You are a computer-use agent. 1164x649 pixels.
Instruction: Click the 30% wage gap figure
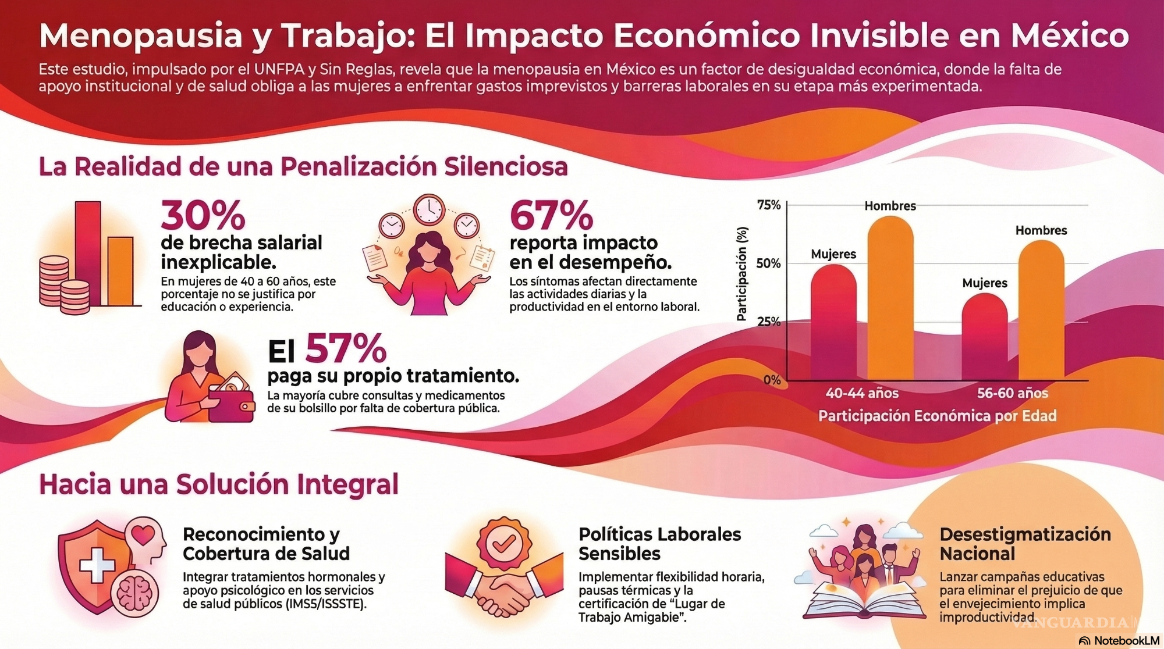203,215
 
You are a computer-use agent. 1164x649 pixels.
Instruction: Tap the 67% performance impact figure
551,215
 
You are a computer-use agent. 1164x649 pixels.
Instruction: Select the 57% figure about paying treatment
346,349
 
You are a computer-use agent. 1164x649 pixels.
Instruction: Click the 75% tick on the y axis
769,205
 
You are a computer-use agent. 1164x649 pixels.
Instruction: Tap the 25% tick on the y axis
769,322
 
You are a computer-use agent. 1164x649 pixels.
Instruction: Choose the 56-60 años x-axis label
1012,393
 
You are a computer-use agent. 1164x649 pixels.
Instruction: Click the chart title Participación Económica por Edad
937,416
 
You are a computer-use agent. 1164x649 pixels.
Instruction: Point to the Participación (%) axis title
741,274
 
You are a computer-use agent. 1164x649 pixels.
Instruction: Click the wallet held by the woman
232,404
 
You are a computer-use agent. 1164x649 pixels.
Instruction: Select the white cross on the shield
97,565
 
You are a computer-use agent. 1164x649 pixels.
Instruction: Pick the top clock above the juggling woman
429,209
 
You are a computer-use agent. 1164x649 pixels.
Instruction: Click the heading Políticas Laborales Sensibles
659,544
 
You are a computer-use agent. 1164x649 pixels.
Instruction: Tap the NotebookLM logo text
1126,641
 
